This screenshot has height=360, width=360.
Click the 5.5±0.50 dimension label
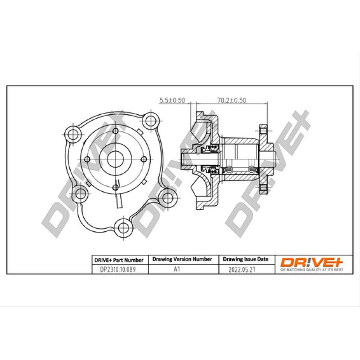[172, 100]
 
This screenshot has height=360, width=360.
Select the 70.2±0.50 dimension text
[231, 100]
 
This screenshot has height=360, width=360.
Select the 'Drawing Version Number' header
[182, 260]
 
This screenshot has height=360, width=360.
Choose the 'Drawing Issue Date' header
[246, 260]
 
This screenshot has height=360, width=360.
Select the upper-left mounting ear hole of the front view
[72, 133]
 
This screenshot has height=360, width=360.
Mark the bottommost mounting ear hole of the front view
[122, 225]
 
